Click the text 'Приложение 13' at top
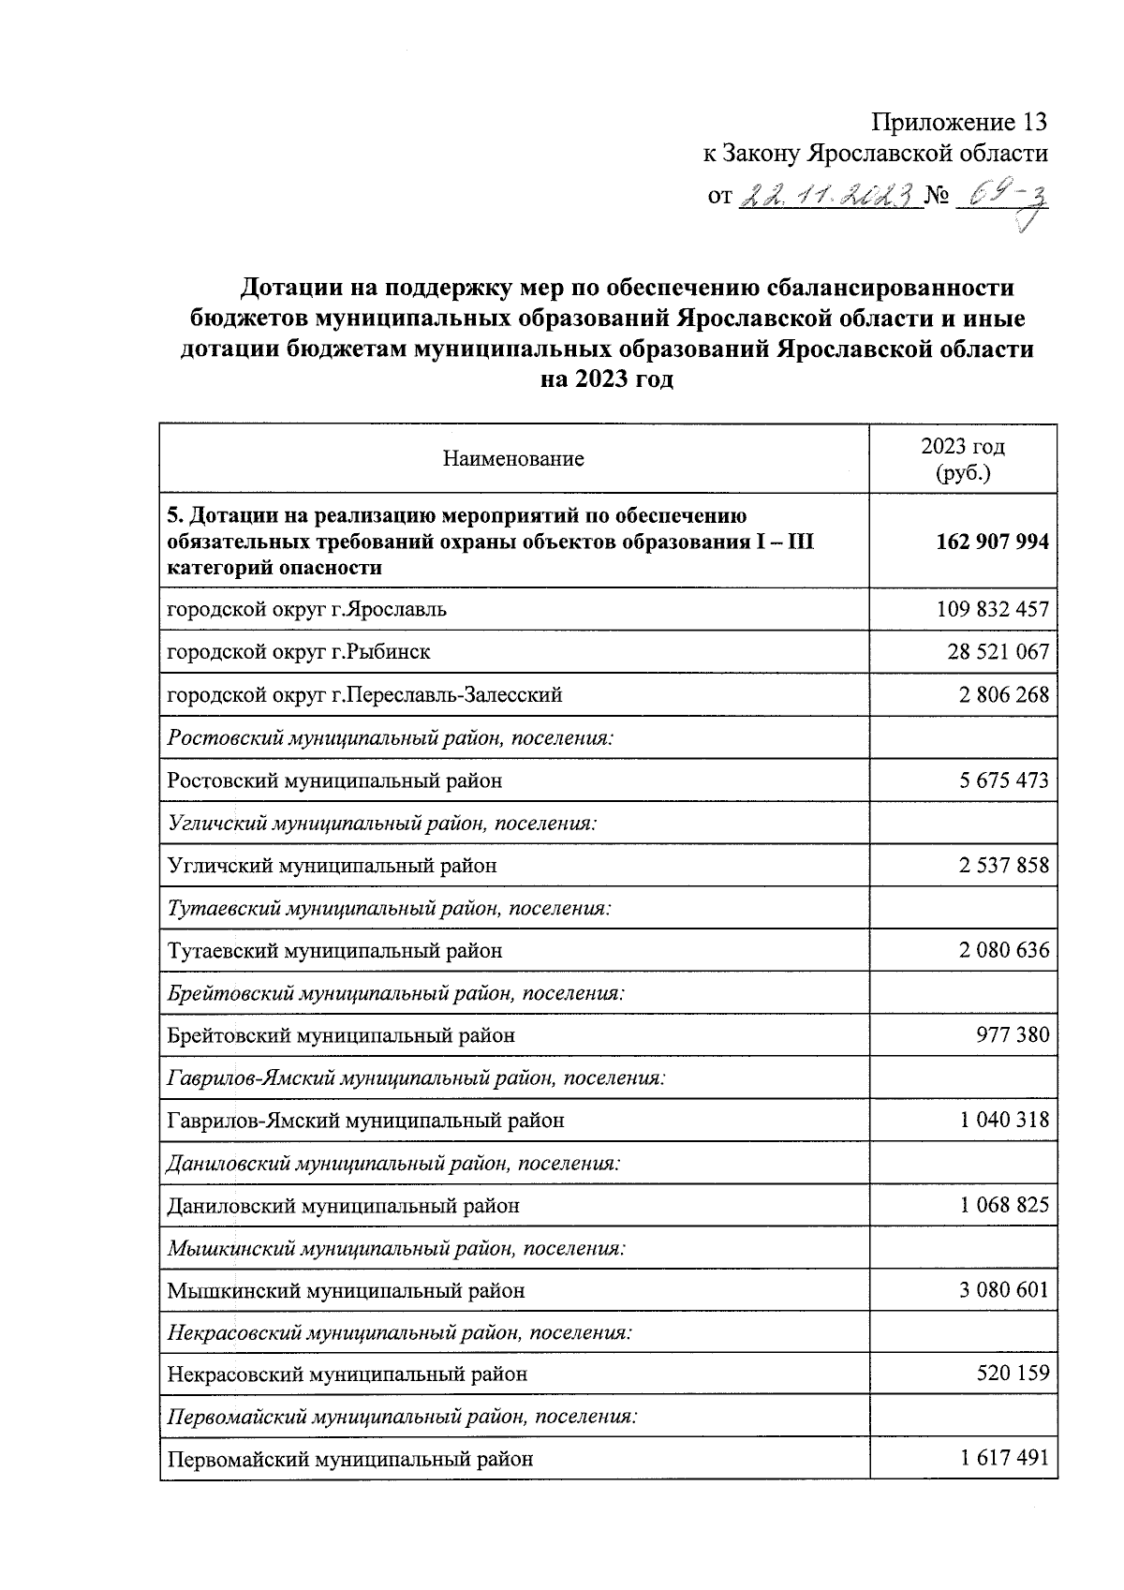pos(958,123)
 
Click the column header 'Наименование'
pos(513,459)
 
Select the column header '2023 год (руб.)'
pos(963,459)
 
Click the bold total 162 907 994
pos(992,542)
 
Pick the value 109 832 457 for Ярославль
pos(992,610)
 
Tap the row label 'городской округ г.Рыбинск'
pos(299,652)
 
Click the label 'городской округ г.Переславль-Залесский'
pos(364,695)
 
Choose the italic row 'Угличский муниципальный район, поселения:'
pos(382,824)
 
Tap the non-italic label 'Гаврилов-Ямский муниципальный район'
pos(365,1121)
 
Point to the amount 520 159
pos(1013,1375)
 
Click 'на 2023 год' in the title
pos(606,380)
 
